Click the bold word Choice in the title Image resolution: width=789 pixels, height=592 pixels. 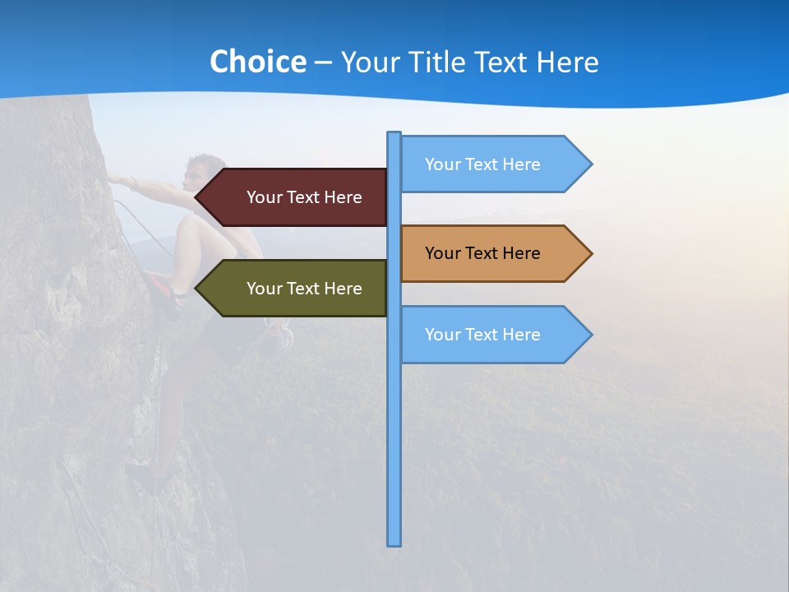[x=257, y=62]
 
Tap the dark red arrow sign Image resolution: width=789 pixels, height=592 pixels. [x=292, y=197]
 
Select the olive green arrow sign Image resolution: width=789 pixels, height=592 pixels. [x=292, y=289]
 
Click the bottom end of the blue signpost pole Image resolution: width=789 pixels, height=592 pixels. [x=394, y=543]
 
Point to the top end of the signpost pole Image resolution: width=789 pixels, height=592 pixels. [x=394, y=134]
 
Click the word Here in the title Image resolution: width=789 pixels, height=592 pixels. [x=567, y=62]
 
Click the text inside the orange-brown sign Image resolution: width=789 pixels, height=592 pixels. [x=482, y=253]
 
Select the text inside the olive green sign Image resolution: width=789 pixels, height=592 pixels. [x=304, y=289]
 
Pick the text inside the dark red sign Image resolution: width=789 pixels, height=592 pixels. [x=304, y=197]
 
